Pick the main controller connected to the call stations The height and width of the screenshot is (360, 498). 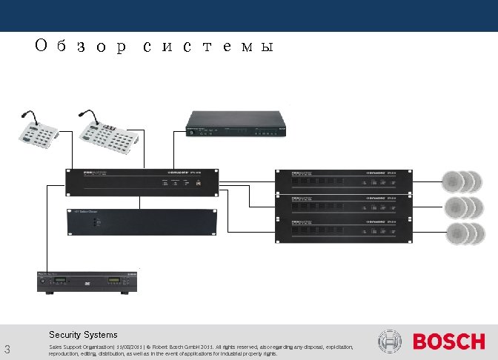coord(142,181)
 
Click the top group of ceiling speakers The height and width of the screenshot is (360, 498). coord(464,181)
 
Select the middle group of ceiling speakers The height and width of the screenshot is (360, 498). coord(464,207)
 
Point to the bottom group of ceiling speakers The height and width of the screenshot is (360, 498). coord(464,233)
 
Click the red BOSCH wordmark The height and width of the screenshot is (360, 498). coord(448,342)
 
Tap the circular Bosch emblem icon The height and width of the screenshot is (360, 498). coord(390,341)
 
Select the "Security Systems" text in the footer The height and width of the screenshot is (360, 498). coord(83,335)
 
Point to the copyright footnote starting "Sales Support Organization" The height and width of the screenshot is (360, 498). coord(200,350)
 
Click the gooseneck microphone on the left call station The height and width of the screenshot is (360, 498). coord(27,116)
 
